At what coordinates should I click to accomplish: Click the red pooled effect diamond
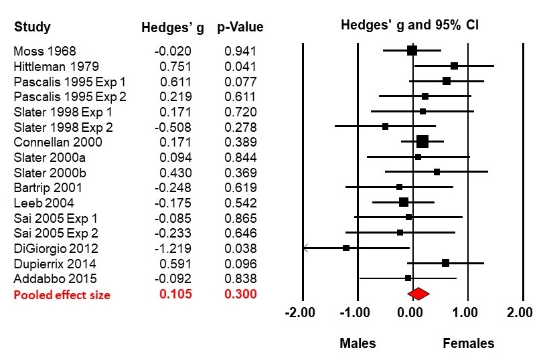[418, 293]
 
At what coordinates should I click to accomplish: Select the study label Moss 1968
[45, 51]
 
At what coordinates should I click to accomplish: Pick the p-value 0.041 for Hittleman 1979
[240, 66]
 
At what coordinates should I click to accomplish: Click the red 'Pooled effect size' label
[62, 294]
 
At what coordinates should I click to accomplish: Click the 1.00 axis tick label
[467, 312]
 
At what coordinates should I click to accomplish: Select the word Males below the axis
[358, 343]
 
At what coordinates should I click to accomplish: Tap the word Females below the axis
[469, 343]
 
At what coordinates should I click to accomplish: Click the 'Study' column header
[32, 27]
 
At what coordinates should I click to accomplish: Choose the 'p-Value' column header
[240, 27]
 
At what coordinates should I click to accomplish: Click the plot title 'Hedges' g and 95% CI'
[415, 25]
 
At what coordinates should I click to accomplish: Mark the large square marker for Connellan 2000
[422, 141]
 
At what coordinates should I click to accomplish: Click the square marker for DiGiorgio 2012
[346, 248]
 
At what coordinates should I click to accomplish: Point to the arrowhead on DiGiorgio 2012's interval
[305, 248]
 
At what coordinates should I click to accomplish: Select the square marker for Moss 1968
[412, 50]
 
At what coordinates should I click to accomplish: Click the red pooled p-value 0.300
[240, 294]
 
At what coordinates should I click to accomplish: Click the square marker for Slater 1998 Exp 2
[385, 126]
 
